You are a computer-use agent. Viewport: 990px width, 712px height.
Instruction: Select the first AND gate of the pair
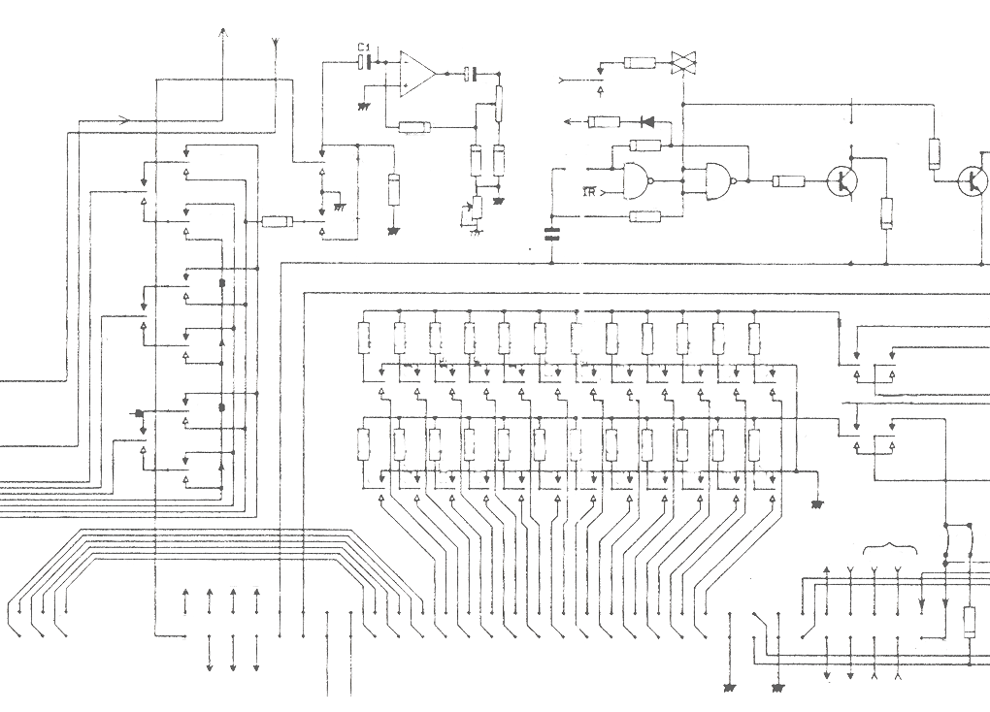631,181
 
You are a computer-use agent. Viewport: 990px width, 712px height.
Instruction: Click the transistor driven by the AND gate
841,180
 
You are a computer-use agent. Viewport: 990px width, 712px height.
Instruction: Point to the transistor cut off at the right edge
971,180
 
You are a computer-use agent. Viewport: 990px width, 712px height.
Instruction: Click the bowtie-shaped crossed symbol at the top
684,61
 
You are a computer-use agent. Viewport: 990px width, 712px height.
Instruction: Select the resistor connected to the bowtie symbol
639,62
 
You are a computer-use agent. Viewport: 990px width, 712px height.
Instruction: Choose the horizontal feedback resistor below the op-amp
413,127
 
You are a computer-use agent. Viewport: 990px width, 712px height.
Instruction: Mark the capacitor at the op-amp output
471,74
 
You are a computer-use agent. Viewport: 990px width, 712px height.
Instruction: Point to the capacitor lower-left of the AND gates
554,231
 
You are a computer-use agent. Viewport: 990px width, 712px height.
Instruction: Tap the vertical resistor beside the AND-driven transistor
885,212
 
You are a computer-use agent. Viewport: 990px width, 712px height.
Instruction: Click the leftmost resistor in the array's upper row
364,337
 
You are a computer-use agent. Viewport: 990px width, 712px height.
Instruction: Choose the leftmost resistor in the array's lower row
364,442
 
